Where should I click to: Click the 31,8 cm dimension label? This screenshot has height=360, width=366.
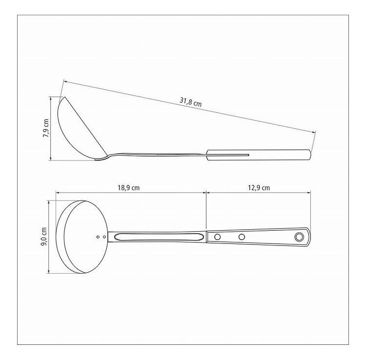click(x=190, y=102)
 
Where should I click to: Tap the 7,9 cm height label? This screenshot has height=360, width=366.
click(x=46, y=128)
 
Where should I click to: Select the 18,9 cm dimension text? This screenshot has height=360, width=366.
click(x=128, y=188)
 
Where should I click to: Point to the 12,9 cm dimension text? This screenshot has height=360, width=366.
click(x=259, y=188)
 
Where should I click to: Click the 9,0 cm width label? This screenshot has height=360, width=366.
click(x=44, y=237)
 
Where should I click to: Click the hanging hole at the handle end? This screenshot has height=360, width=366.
click(x=299, y=237)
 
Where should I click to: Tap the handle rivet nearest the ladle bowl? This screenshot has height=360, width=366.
click(x=217, y=237)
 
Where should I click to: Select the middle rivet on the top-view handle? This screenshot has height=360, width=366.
click(x=242, y=237)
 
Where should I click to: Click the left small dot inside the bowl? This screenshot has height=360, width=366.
click(x=98, y=237)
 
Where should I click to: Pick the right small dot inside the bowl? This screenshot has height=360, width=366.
click(x=104, y=237)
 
